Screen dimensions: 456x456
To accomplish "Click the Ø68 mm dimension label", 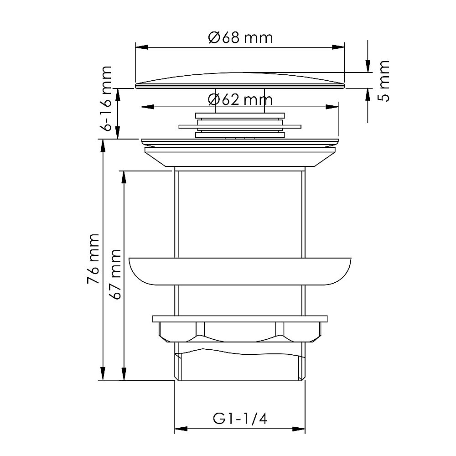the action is click(240, 38).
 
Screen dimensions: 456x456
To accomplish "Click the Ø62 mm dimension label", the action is click(240, 100).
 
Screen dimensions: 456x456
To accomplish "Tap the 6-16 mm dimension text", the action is click(106, 98).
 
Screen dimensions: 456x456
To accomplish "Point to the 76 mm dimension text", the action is click(93, 259).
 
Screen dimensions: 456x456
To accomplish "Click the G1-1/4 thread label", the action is click(240, 419).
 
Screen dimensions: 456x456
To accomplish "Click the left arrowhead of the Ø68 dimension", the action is click(142, 47).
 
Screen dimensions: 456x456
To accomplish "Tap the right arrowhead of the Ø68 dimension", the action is click(338, 47).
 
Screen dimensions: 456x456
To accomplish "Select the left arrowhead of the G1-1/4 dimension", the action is click(181, 429).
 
